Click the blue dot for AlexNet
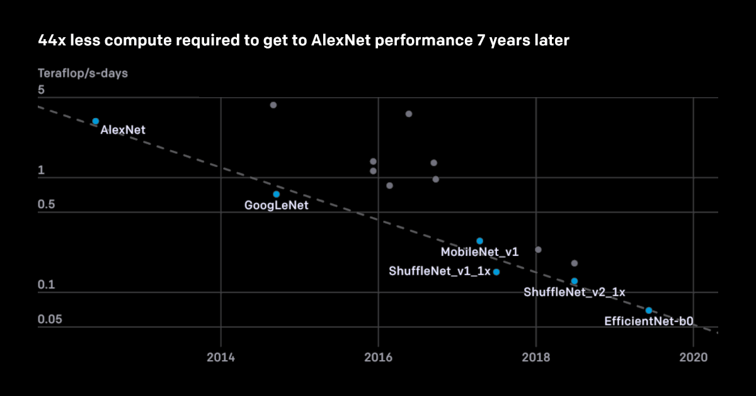point(96,121)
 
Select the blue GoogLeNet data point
point(276,194)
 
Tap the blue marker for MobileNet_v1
point(479,241)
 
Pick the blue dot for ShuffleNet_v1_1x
point(496,272)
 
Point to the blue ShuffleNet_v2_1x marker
point(574,281)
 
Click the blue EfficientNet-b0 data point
point(648,310)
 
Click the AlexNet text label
point(123,131)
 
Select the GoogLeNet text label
point(277,205)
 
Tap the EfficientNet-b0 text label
point(649,321)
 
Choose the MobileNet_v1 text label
point(479,252)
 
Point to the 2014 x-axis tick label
point(220,358)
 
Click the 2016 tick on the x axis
point(378,358)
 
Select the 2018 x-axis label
point(536,358)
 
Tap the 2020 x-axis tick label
point(693,358)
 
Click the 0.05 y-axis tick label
point(50,320)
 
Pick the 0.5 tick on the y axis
point(47,205)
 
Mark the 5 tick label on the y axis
point(41,90)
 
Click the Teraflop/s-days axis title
point(83,73)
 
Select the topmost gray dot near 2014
point(273,105)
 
